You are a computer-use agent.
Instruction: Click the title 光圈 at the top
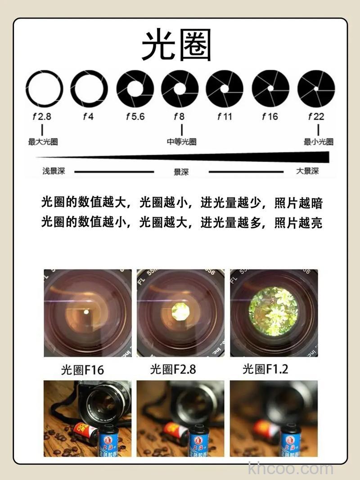(176, 46)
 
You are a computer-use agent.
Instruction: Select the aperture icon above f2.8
(44, 89)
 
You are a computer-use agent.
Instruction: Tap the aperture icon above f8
(180, 89)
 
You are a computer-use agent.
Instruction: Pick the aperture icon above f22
(316, 89)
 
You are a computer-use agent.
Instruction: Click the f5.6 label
(135, 117)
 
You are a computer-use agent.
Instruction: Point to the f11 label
(225, 117)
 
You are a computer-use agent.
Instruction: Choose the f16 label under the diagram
(270, 117)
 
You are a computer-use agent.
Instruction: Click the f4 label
(88, 117)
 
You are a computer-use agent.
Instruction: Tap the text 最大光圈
(43, 142)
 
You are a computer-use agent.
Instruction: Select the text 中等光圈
(181, 142)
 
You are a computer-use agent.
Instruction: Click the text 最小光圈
(319, 142)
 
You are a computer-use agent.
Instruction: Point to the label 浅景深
(54, 171)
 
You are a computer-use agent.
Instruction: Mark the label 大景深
(307, 171)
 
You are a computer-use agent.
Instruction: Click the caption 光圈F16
(82, 370)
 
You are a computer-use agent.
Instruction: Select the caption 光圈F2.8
(173, 369)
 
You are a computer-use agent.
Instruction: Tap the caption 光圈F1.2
(265, 369)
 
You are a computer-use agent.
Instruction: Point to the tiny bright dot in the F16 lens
(86, 311)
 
